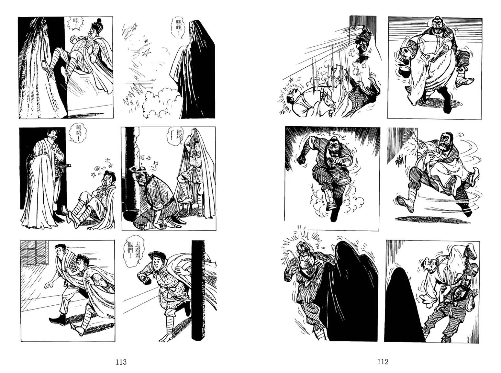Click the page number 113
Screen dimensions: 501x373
[121, 362]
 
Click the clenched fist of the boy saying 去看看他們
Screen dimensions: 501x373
[148, 280]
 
